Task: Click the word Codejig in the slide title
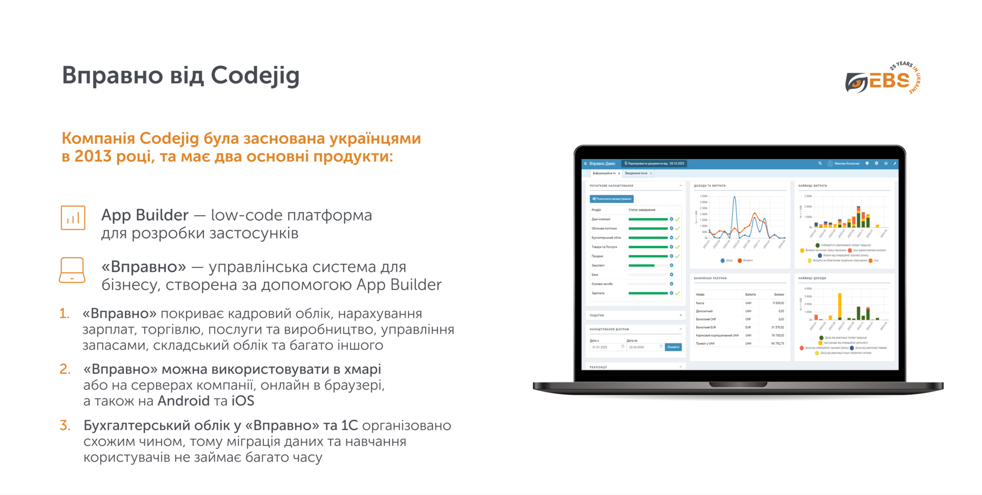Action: [255, 76]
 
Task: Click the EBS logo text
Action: [889, 81]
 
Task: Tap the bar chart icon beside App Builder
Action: [73, 218]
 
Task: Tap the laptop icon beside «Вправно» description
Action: [72, 270]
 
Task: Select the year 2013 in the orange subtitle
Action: [93, 156]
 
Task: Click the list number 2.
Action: [65, 369]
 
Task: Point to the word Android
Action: [184, 400]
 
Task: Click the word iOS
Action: [242, 400]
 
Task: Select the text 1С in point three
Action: [349, 425]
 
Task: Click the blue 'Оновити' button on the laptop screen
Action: [673, 347]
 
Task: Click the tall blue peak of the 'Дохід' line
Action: [735, 198]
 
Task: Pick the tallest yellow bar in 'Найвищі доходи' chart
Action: [839, 306]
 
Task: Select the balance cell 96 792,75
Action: [777, 344]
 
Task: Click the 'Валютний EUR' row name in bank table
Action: [706, 327]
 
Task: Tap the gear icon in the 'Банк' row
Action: [672, 275]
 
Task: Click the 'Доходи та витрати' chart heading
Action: [710, 186]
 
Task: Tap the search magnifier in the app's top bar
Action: [820, 164]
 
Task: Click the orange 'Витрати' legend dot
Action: [740, 260]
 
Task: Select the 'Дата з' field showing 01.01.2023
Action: [606, 347]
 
